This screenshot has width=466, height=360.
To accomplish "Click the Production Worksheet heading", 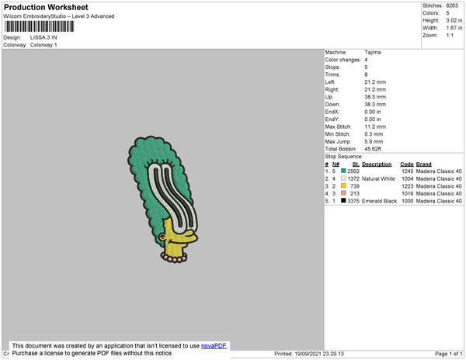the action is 46,8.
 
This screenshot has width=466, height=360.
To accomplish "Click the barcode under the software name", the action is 39,26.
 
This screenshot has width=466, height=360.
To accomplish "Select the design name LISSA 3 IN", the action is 43,38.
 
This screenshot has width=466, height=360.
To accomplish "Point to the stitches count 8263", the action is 452,5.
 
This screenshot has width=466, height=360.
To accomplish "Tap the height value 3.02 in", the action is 454,20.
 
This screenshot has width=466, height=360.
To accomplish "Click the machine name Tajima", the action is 373,53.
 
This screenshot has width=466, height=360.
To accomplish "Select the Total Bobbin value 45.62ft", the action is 373,149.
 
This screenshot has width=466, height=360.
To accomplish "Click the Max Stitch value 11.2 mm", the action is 375,126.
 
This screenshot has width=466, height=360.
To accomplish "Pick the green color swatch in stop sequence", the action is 343,171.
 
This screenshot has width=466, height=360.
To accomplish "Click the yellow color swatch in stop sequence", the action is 343,185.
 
